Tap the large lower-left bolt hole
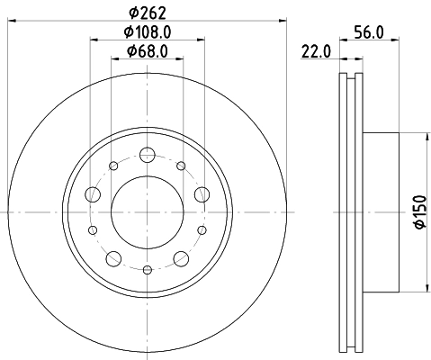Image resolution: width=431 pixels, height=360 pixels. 112,259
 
